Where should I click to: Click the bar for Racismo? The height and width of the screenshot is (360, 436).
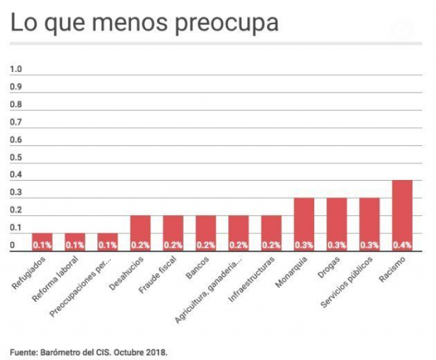coord(402,215)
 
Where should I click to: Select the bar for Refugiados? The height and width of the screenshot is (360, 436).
coord(42,242)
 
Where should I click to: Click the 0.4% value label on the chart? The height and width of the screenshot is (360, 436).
coord(402,245)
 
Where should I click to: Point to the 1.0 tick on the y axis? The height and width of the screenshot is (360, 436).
coord(16,69)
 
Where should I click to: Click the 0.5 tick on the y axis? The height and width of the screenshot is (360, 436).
coord(16,158)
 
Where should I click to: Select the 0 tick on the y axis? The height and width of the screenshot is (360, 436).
coord(13,245)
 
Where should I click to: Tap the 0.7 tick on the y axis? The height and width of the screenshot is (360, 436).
coord(16,122)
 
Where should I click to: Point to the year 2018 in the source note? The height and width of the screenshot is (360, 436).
coord(156,352)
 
